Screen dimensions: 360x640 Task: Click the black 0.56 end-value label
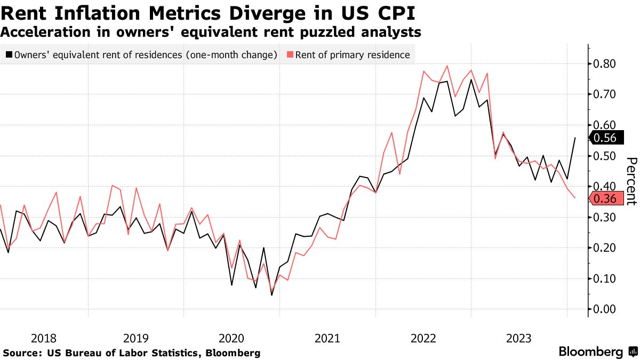[605, 138]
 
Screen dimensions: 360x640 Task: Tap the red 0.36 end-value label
[605, 199]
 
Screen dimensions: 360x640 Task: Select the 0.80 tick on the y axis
[605, 64]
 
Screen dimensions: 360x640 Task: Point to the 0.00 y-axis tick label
[605, 309]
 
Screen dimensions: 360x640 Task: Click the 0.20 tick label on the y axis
[605, 248]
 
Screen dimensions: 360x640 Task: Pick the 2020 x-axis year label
[231, 338]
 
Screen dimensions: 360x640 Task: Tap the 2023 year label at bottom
[518, 338]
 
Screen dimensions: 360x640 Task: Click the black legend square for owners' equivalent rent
[9, 54]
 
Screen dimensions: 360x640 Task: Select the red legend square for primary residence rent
[290, 54]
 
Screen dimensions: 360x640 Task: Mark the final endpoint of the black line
[575, 138]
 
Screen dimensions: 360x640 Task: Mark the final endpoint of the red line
[575, 198]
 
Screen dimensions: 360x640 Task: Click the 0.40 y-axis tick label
[605, 187]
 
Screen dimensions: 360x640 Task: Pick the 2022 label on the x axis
[423, 338]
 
